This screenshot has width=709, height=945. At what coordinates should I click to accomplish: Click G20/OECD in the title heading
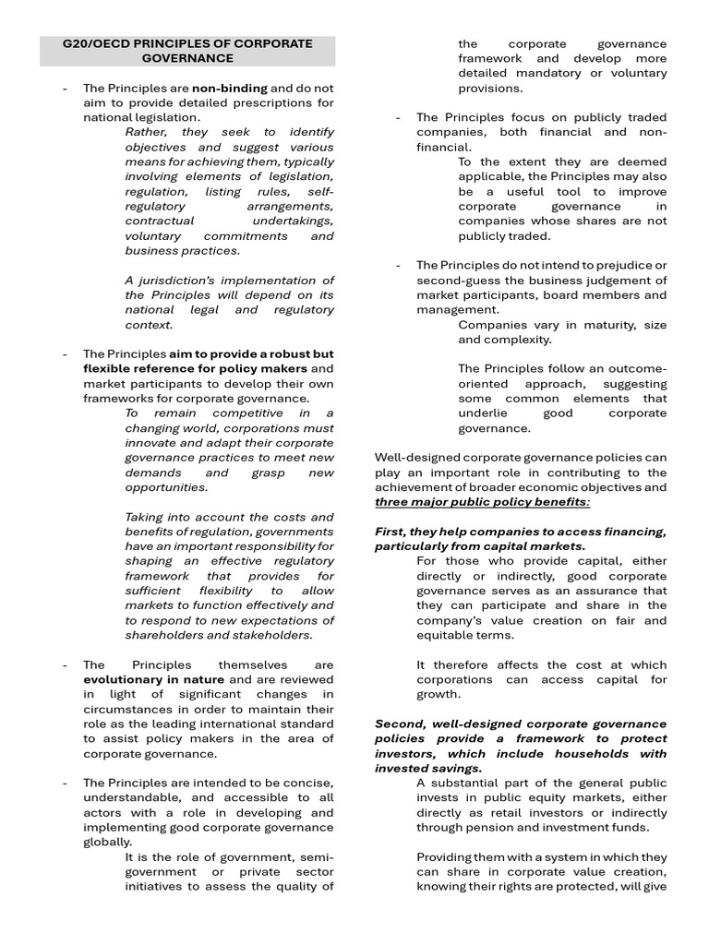tap(91, 43)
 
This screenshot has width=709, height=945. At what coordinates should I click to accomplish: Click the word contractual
tap(160, 221)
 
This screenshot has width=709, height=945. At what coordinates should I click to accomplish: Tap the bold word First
tap(391, 532)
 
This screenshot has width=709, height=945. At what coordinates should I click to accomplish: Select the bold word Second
tap(398, 724)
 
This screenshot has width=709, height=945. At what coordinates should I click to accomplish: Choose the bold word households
tap(604, 753)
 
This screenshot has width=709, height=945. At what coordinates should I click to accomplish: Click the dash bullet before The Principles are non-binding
tap(65, 89)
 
